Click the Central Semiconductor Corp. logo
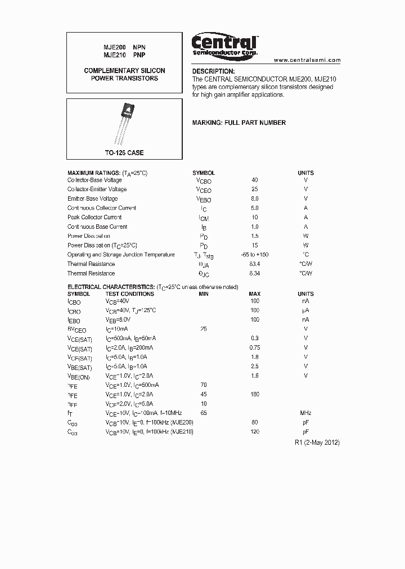[x=224, y=44]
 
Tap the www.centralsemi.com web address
[x=307, y=60]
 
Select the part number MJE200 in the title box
[x=114, y=48]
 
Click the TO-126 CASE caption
[x=124, y=153]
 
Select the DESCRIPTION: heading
[x=214, y=71]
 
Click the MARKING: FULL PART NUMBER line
[x=239, y=123]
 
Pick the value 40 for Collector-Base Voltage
[x=255, y=180]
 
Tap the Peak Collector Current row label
[x=94, y=217]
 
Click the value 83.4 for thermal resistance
[x=255, y=264]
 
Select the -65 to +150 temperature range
[x=255, y=255]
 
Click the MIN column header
[x=204, y=293]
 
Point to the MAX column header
[x=255, y=293]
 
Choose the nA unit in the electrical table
[x=306, y=301]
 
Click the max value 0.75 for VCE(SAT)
[x=255, y=347]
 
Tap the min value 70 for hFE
[x=204, y=385]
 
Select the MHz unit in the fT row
[x=306, y=413]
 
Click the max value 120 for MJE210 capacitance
[x=255, y=431]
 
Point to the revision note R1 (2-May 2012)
[x=317, y=442]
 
